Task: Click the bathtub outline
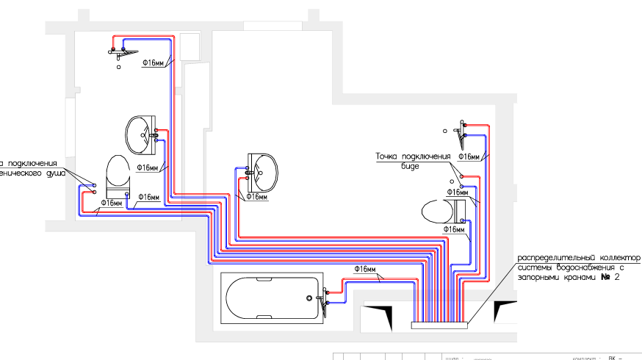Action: point(272,299)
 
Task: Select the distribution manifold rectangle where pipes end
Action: point(439,324)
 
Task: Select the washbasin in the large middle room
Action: point(263,171)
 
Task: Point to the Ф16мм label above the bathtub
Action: point(365,268)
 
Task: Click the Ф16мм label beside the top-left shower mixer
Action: point(153,64)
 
